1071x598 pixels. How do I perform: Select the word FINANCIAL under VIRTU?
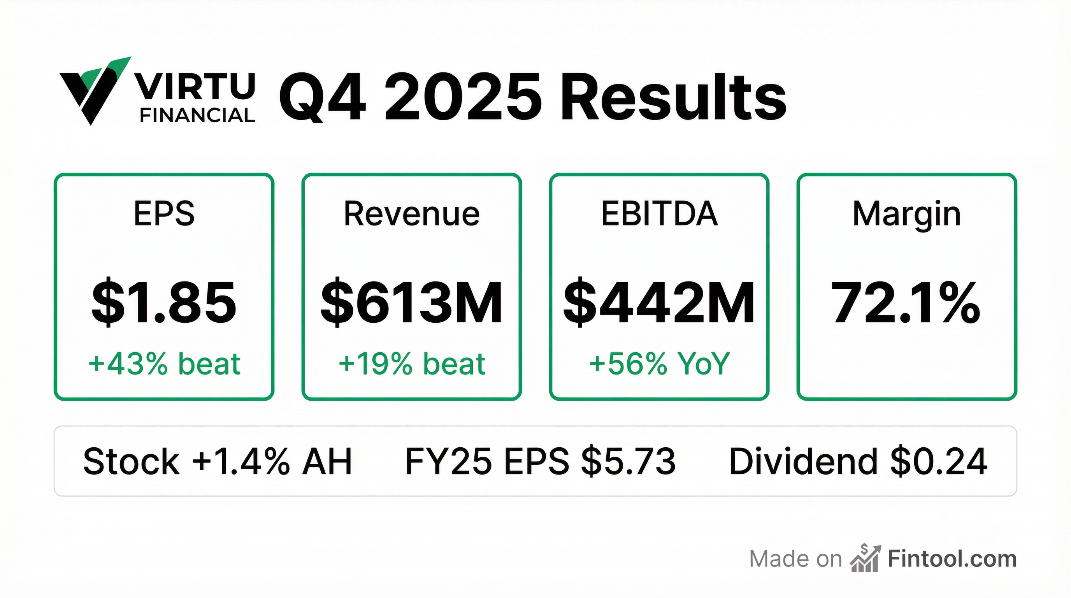(197, 115)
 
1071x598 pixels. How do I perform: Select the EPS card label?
(164, 214)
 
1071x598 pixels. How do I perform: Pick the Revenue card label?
(412, 214)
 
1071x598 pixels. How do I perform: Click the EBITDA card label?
(659, 214)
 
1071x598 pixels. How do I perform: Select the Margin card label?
(907, 214)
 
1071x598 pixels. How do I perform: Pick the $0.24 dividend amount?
(939, 461)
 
